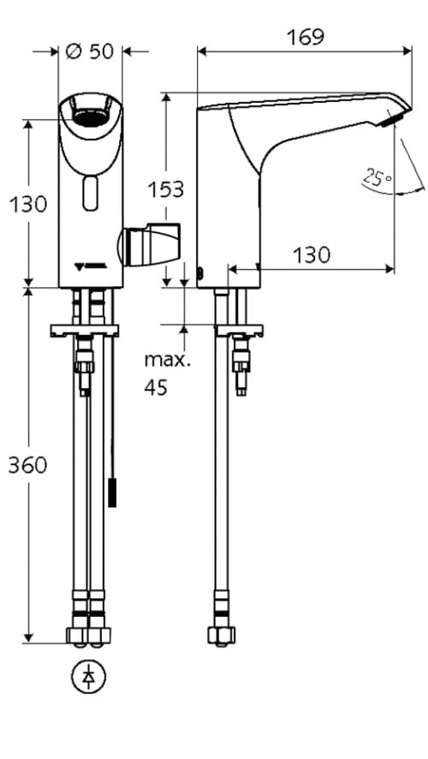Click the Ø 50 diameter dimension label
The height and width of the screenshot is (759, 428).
(x=89, y=51)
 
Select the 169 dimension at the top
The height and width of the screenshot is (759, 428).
(x=305, y=37)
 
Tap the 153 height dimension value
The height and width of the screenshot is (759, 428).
(x=166, y=189)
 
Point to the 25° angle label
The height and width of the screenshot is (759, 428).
(x=375, y=178)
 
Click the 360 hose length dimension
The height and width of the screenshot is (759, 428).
(x=27, y=465)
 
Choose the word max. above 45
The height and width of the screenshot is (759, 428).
(x=167, y=358)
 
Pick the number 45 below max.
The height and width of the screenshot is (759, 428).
(x=156, y=387)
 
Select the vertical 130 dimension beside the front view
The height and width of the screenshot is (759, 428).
(x=27, y=205)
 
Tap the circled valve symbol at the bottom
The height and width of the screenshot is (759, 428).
(x=88, y=677)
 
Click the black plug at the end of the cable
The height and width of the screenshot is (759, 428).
(x=112, y=495)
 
